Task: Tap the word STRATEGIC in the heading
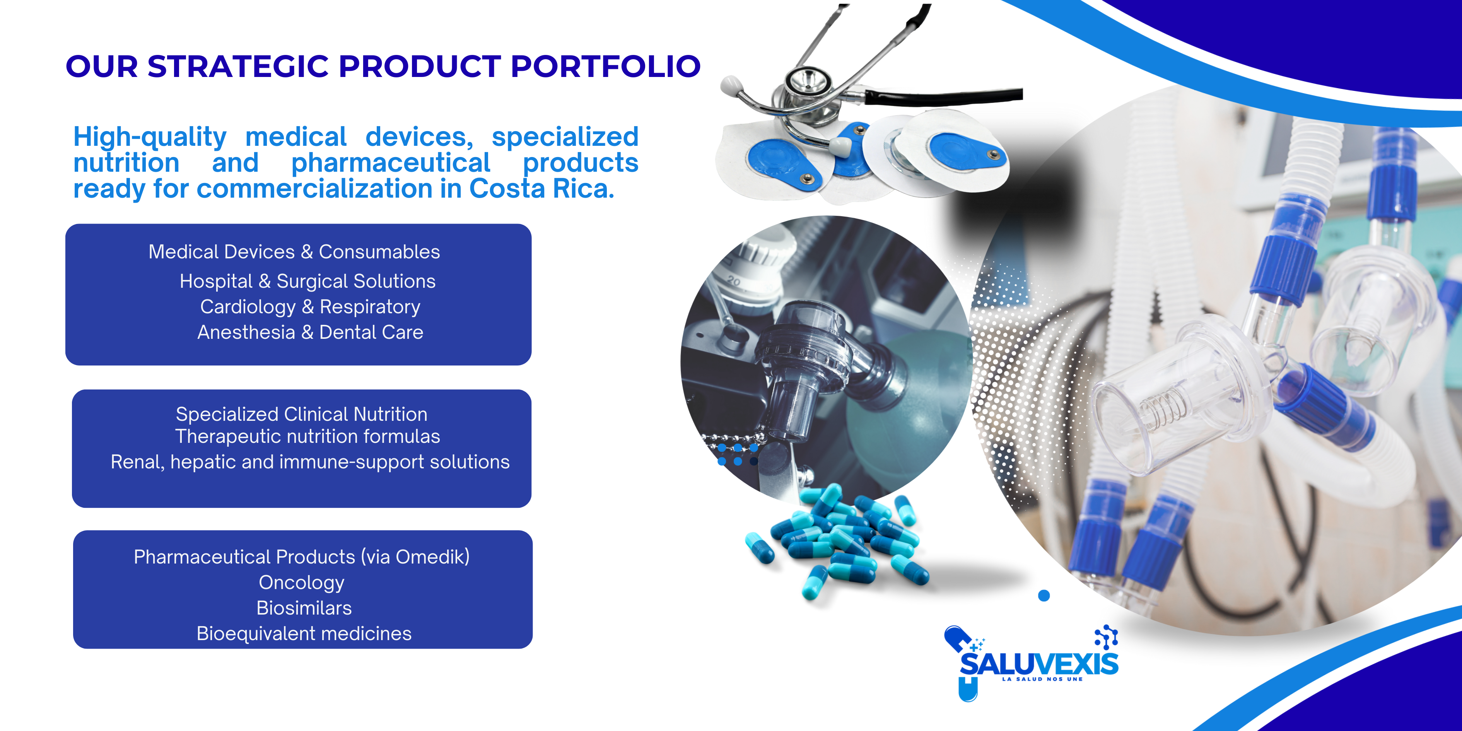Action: (238, 67)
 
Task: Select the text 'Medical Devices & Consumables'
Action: (294, 252)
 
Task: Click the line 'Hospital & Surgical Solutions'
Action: (307, 282)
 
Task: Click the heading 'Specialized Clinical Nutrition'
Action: (301, 414)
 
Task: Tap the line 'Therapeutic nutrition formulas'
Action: (307, 436)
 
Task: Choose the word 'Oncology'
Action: (301, 583)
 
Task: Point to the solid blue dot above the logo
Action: (1044, 595)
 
